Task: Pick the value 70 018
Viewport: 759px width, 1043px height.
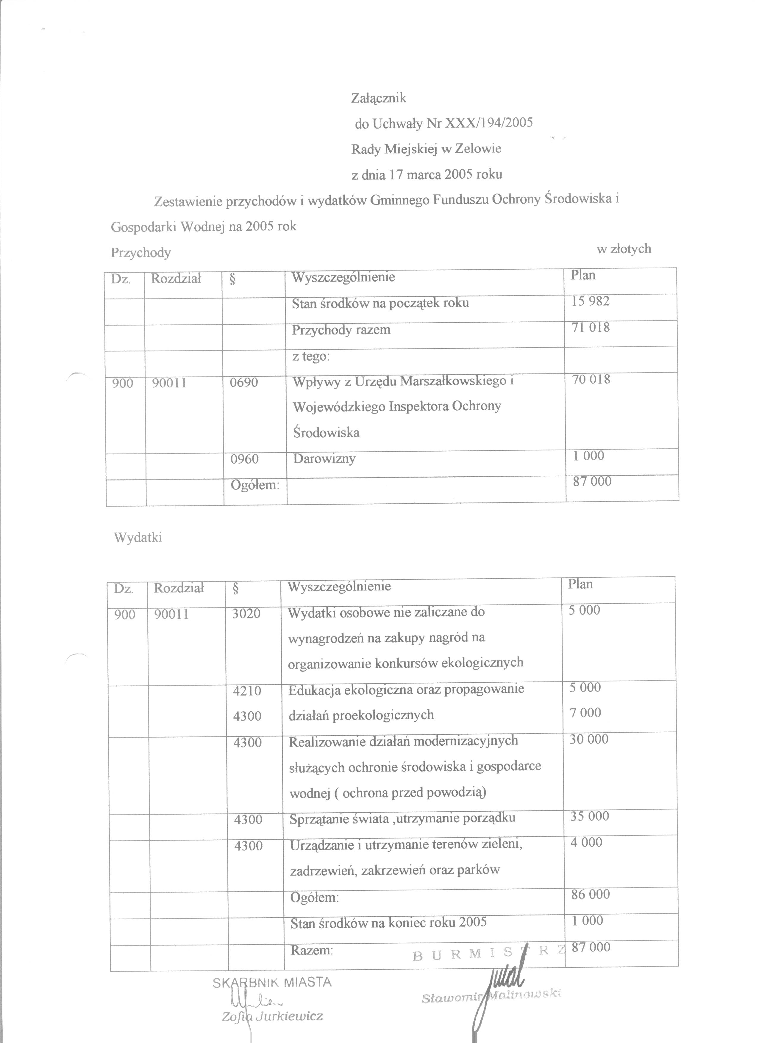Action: pyautogui.click(x=591, y=379)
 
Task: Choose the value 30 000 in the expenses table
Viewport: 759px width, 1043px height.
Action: pyautogui.click(x=589, y=739)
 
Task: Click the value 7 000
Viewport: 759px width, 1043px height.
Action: pyautogui.click(x=585, y=713)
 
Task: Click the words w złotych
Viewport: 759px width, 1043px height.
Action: pyautogui.click(x=624, y=249)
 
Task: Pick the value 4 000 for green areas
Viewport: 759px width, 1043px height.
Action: pyautogui.click(x=586, y=843)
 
